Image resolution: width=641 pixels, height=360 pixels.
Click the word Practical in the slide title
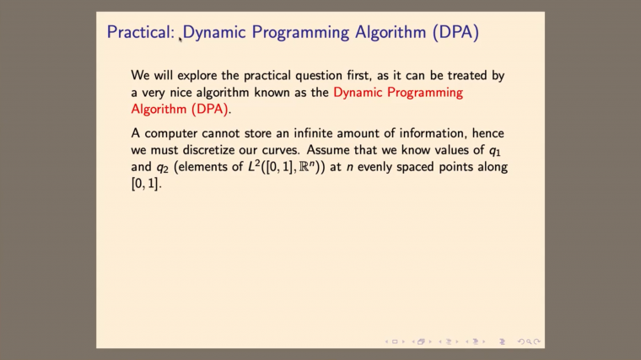click(139, 33)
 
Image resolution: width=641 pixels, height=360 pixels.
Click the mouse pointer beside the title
click(180, 36)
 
